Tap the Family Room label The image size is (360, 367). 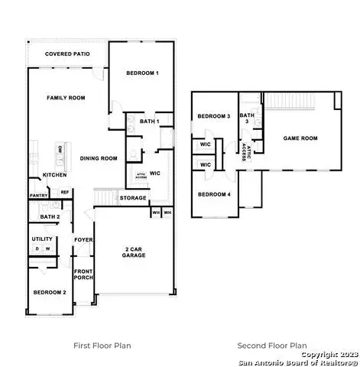coord(65,98)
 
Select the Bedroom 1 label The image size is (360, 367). coord(142,73)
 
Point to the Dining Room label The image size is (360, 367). coord(99,158)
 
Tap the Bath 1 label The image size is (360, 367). coord(149,122)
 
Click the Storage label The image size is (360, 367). coord(133,198)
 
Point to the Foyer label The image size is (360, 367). coord(83,240)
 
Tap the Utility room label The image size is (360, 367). coord(42,239)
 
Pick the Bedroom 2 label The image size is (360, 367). coord(49,293)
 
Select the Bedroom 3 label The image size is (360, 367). coord(214,116)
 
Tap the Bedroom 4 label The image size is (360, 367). coord(213,194)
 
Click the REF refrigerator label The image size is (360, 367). coord(65,192)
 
